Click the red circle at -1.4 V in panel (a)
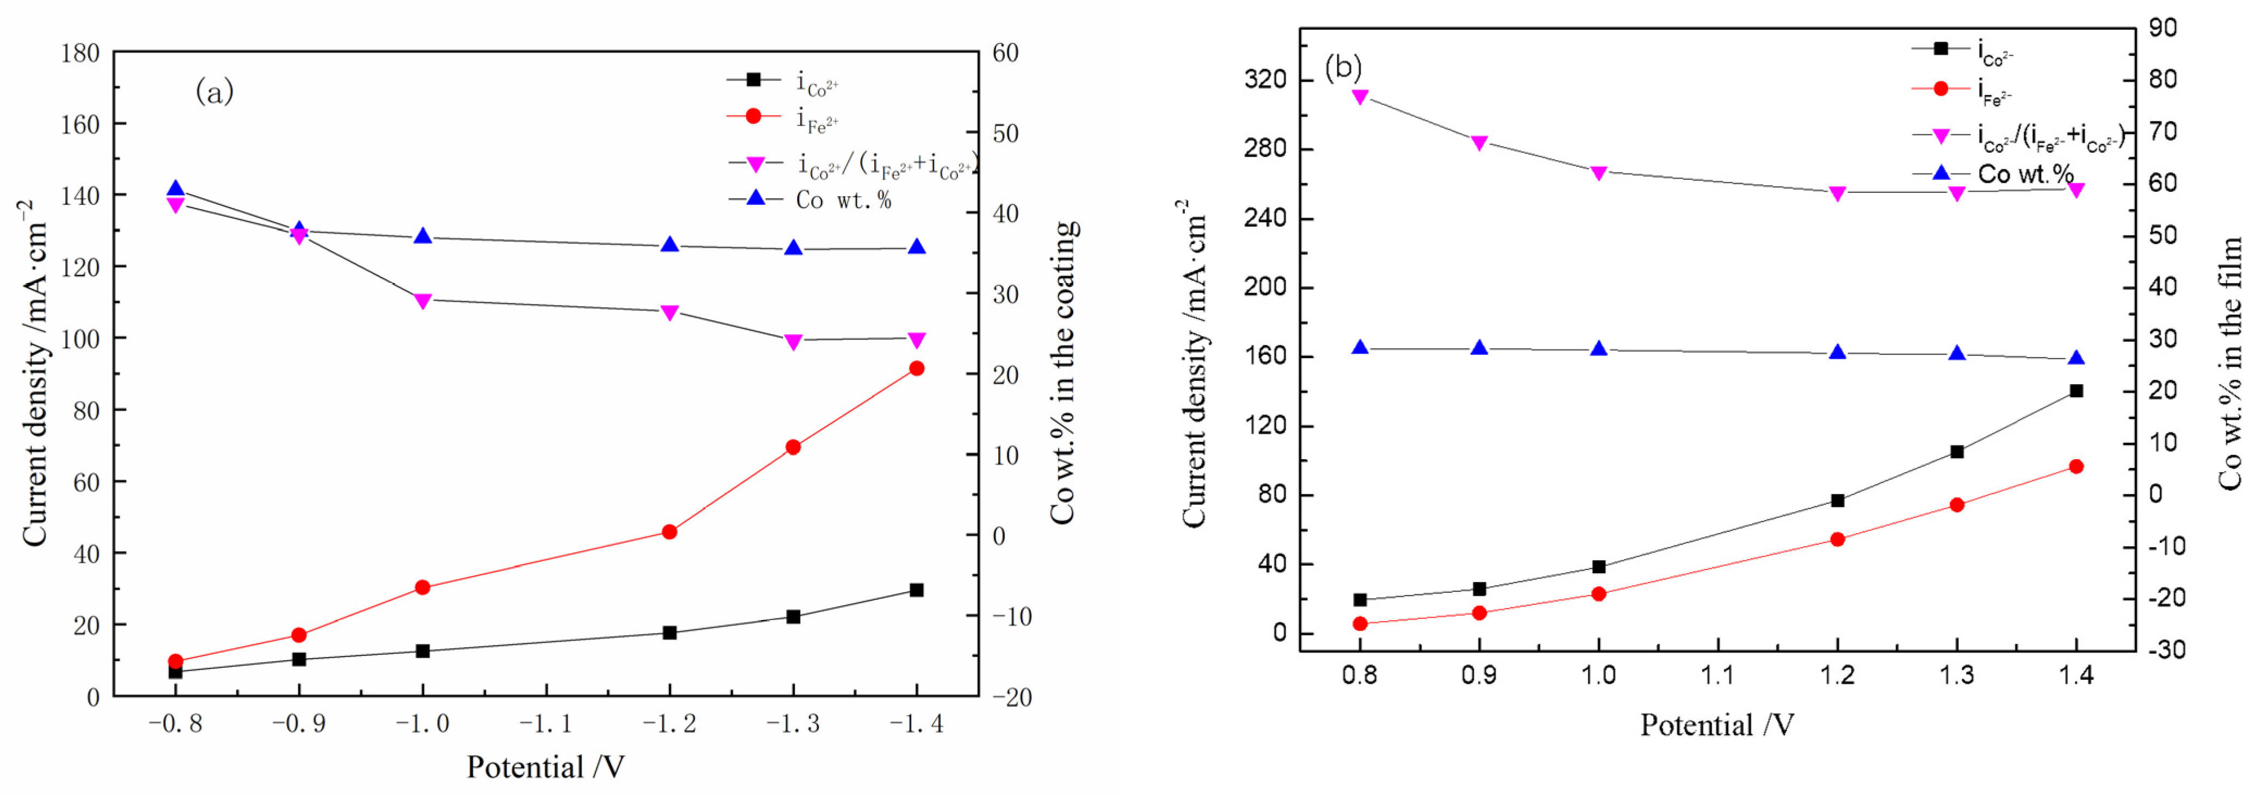point(917,368)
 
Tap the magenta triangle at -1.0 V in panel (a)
point(423,301)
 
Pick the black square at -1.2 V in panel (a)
point(669,632)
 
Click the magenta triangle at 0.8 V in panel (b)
point(1360,96)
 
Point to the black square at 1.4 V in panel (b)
point(2076,391)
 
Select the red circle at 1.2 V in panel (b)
point(1838,540)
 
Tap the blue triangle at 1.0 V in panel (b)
point(1599,348)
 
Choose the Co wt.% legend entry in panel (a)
point(843,201)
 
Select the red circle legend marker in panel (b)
point(1940,89)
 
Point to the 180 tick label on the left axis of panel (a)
point(80,53)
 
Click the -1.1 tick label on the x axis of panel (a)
point(546,723)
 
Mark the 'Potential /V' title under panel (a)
point(546,767)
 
